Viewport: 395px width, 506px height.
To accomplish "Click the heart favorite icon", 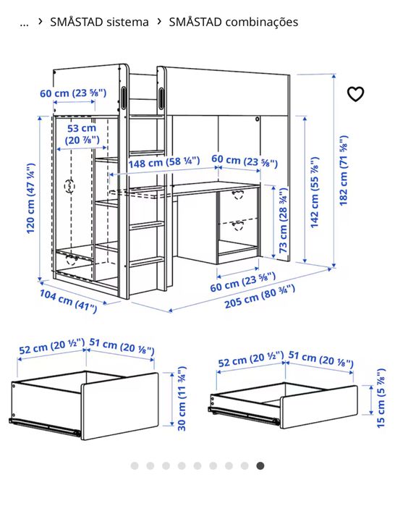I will click(x=355, y=94).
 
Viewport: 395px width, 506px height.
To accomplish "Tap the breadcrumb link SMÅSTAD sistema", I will click(x=99, y=22).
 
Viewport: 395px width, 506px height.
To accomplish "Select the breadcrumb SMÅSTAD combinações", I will click(x=233, y=22).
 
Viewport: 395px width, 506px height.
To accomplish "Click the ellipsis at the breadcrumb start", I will click(x=25, y=22).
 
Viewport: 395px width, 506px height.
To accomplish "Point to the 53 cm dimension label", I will click(x=82, y=134).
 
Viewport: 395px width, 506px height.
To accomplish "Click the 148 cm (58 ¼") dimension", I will click(x=154, y=163).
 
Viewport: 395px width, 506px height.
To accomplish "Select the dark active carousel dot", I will click(x=260, y=465).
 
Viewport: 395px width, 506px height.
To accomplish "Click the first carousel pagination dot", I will click(x=134, y=465).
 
